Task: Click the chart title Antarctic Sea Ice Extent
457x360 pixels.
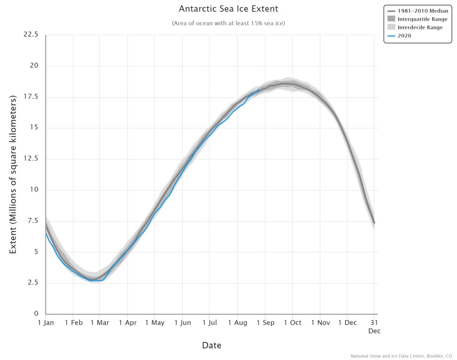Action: coord(228,9)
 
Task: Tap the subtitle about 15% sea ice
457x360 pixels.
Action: coord(228,23)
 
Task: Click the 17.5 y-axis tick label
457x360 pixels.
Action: coord(31,97)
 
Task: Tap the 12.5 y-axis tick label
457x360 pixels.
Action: coord(31,159)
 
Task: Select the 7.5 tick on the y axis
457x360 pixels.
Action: coord(33,221)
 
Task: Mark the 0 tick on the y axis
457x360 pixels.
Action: coord(36,314)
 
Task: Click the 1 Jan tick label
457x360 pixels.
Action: coord(45,323)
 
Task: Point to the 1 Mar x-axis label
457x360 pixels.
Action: coord(100,323)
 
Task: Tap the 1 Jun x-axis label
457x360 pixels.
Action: coord(182,323)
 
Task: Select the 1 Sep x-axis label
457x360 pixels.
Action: coord(265,323)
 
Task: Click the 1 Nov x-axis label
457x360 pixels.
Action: coord(320,323)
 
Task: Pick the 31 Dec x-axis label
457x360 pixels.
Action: coord(374,327)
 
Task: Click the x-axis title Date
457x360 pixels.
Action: coord(211,345)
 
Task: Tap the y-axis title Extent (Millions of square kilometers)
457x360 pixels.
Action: coord(13,174)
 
